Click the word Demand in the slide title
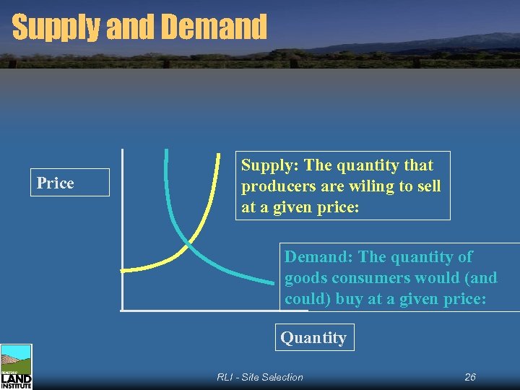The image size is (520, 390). coord(214,27)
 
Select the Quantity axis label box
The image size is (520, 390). coord(313,337)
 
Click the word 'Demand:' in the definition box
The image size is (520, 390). coord(318,257)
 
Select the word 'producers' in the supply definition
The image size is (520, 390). coord(274,186)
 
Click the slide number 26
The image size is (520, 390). coord(470,377)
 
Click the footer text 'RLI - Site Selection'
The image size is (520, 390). coord(260,377)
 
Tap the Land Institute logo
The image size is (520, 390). coord(16,367)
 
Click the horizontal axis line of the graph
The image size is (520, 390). coord(202,311)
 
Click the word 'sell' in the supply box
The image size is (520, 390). coord(427,186)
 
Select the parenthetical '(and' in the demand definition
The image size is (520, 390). coord(482,278)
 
